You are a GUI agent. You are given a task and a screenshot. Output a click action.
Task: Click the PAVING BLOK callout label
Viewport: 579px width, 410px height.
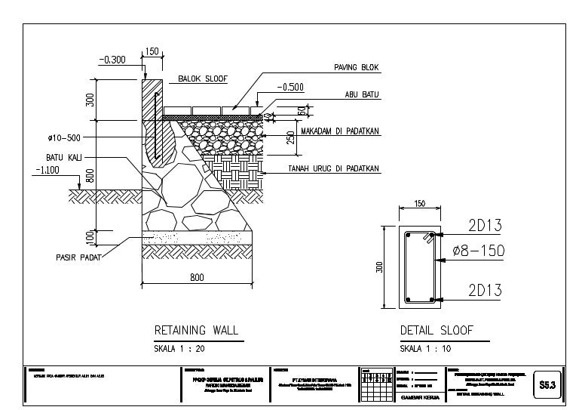point(357,68)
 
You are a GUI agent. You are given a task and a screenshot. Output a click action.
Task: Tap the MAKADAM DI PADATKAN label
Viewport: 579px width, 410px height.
point(339,131)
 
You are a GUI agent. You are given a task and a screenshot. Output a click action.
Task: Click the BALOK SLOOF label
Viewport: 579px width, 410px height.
point(202,79)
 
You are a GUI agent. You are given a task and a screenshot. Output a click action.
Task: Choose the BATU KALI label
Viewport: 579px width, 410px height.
point(63,157)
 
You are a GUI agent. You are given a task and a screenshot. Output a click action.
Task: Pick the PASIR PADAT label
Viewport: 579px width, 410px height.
point(78,257)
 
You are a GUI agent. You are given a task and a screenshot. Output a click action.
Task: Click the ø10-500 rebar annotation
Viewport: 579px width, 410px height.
point(63,138)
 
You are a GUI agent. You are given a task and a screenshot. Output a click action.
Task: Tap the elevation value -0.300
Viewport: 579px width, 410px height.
point(114,60)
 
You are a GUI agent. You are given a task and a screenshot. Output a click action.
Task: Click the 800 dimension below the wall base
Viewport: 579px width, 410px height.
point(197,278)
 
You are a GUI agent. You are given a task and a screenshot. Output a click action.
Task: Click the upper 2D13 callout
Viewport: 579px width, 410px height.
point(484,226)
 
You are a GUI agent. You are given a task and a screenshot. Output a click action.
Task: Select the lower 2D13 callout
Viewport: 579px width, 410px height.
point(484,290)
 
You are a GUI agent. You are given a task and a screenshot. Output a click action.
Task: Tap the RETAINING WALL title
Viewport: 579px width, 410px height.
point(196,330)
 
